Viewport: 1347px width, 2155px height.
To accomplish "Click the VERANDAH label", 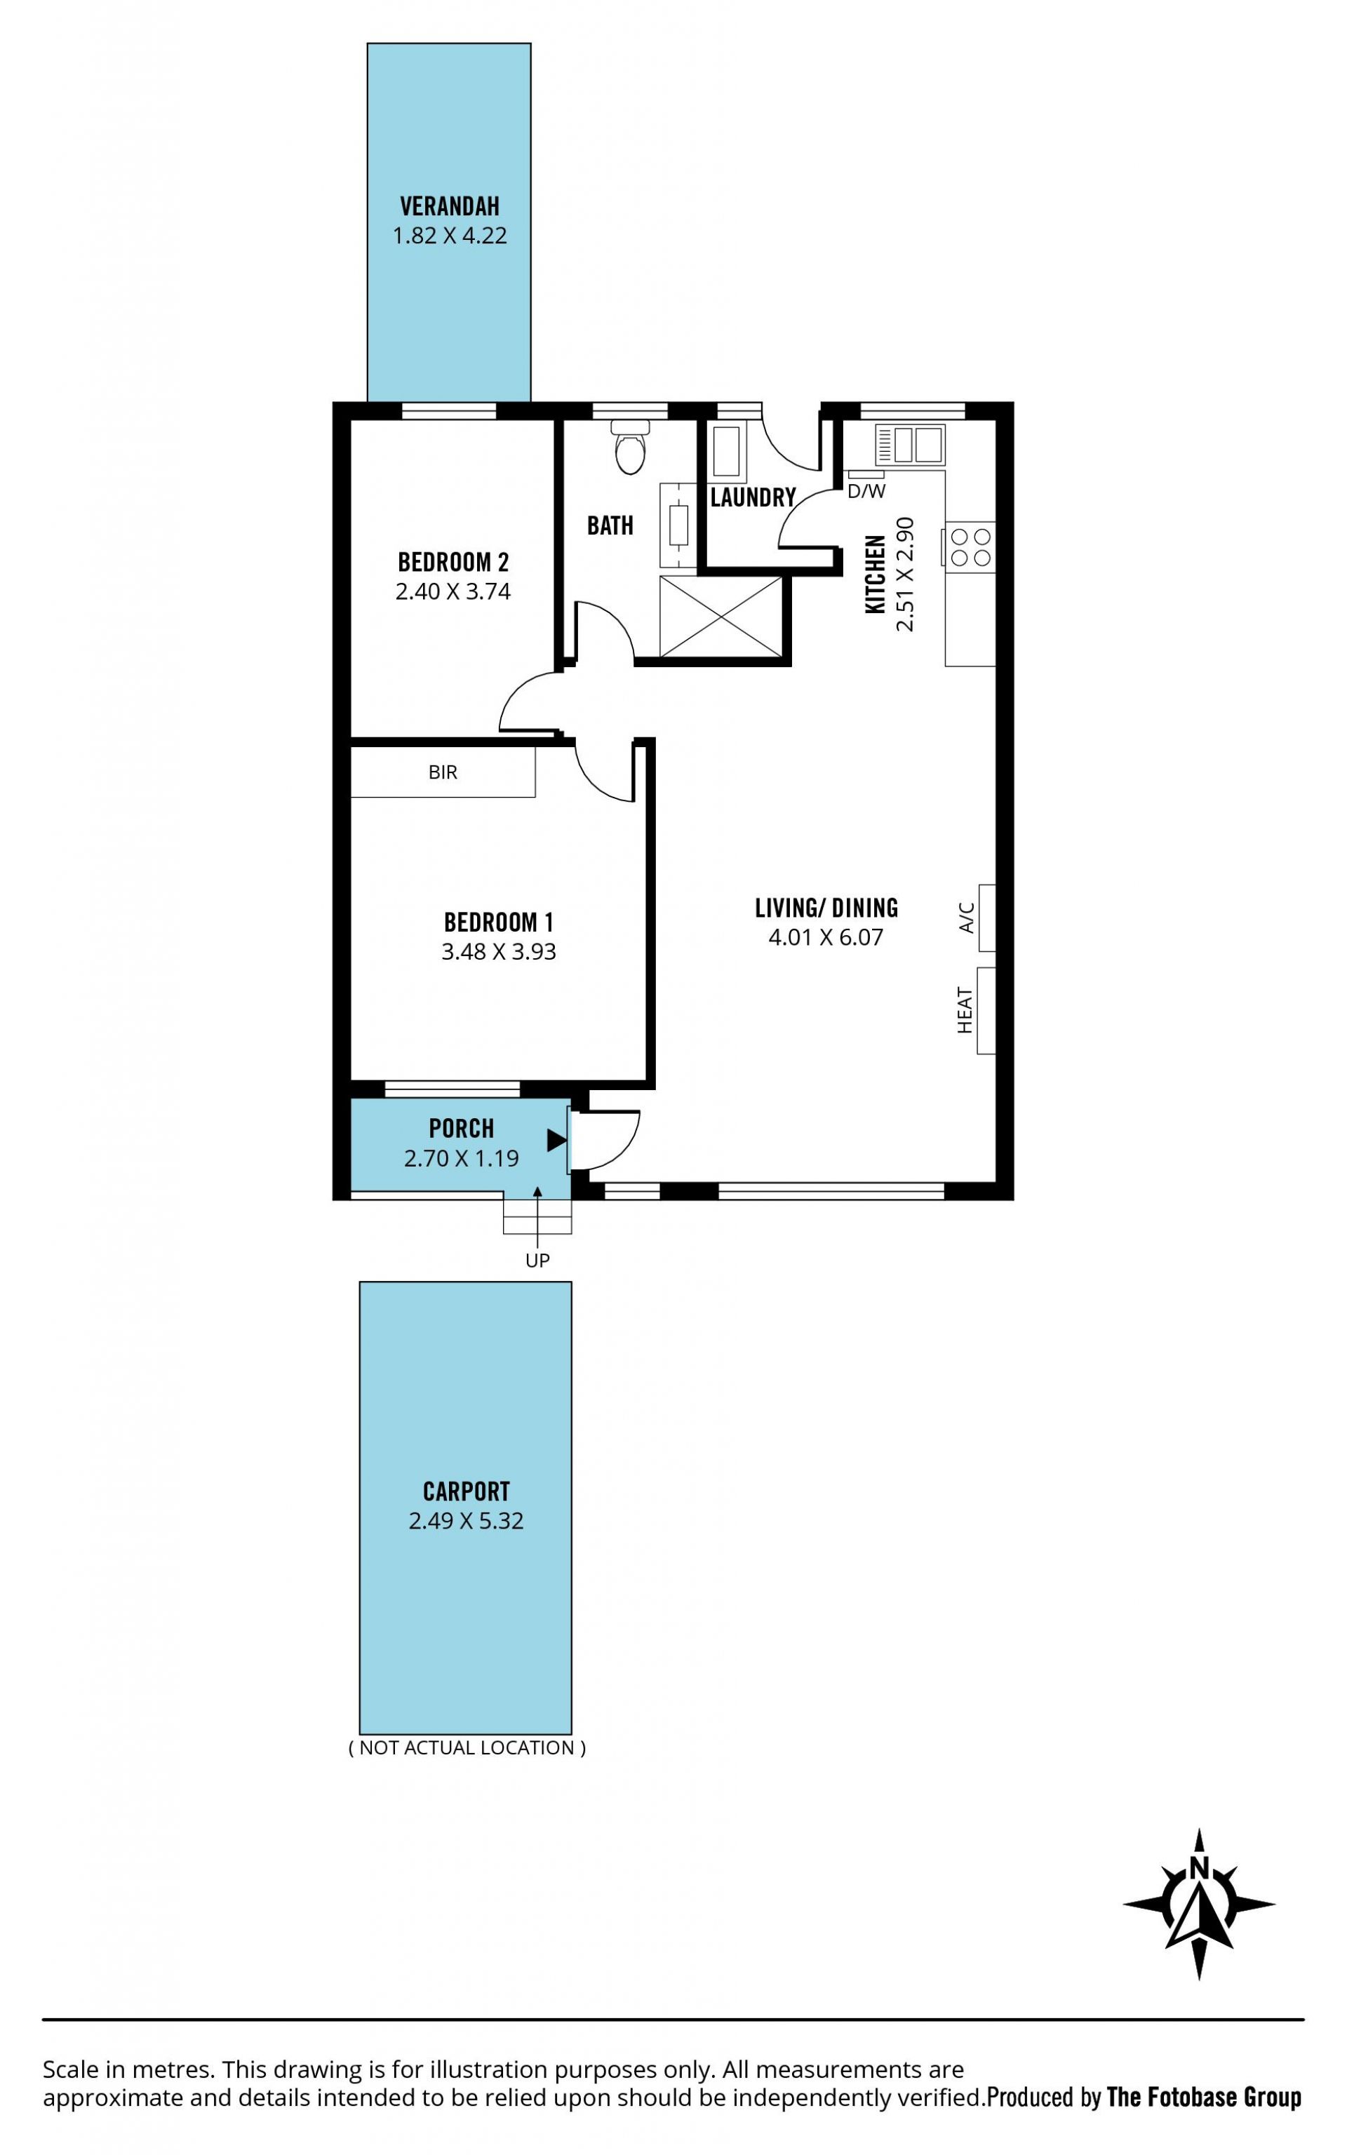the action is click(450, 207).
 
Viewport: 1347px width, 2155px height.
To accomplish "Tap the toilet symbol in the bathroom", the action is click(630, 448).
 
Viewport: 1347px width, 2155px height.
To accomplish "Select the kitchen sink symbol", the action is click(909, 444).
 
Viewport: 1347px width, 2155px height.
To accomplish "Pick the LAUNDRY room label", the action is click(753, 498).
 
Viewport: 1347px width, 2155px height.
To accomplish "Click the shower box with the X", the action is click(721, 617).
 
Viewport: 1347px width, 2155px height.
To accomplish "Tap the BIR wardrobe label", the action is click(443, 772).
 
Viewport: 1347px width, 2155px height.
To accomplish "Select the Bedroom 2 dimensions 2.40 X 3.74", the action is click(453, 592).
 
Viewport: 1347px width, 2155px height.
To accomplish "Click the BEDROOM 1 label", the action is click(499, 922).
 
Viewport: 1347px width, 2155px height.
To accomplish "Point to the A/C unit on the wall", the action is click(986, 918).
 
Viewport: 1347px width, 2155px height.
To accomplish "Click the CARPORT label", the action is click(466, 1491).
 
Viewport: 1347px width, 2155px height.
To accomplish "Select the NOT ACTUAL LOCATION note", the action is click(467, 1747).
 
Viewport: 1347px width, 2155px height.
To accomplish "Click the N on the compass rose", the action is click(1199, 1868).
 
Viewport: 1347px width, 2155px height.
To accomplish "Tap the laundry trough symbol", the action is click(727, 454).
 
